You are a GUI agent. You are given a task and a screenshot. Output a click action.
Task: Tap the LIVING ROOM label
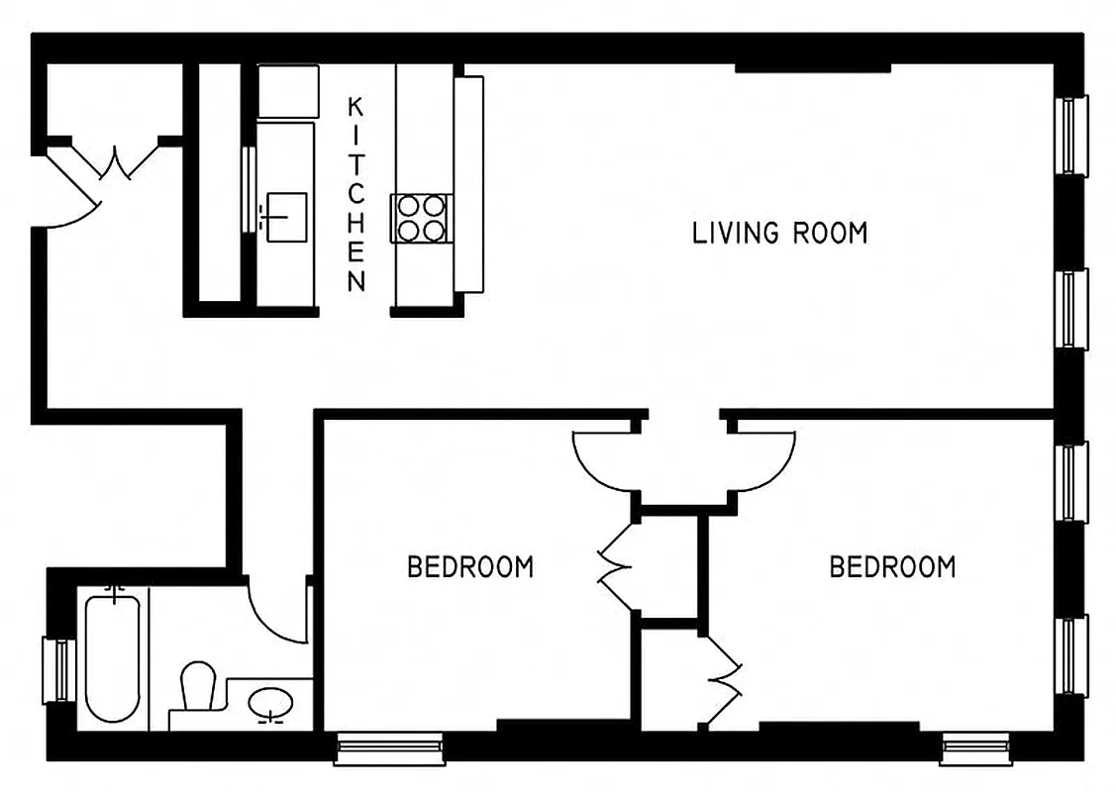(x=779, y=234)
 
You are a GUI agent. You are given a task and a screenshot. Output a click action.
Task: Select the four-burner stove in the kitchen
(x=421, y=218)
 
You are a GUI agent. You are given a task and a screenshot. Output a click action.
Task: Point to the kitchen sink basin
(x=285, y=211)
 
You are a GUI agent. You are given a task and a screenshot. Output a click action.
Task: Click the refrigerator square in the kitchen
(x=288, y=91)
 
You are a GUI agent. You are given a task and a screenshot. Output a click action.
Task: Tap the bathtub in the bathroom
(x=112, y=657)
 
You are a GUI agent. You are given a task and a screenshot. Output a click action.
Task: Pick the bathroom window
(x=57, y=670)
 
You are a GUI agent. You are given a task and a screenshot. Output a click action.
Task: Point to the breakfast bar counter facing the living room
(x=468, y=184)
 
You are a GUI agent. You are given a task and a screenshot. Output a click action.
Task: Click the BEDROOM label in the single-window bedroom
(x=470, y=567)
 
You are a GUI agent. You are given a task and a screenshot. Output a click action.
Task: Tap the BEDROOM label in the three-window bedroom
(x=892, y=567)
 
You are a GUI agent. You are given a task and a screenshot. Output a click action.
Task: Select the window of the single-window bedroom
(x=389, y=748)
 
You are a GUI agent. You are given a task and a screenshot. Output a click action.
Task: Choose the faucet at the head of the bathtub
(x=116, y=593)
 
